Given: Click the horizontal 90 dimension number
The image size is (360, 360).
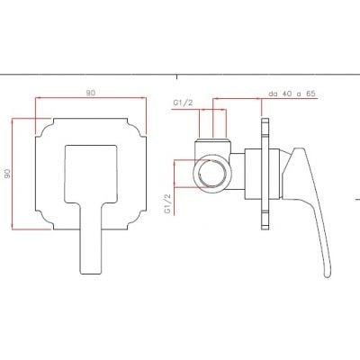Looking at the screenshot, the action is coord(91,93).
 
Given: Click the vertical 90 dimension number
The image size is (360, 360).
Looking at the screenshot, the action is coord(7,174).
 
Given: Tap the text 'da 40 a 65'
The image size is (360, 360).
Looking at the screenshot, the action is coord(292,94).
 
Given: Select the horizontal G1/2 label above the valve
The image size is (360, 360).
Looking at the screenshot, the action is coord(183,103).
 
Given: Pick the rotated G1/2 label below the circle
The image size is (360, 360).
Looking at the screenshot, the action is coord(167,203).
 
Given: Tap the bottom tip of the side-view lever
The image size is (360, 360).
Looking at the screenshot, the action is coord(328,276).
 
